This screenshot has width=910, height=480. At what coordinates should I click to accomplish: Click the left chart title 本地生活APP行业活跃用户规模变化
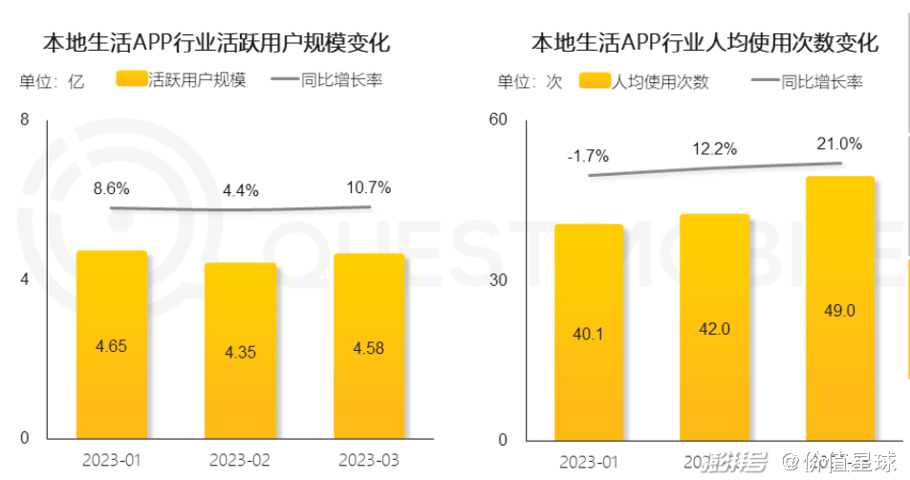216,43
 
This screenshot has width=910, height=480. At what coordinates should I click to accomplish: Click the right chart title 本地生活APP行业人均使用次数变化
704,43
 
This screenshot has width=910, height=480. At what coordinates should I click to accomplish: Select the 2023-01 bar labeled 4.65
112,344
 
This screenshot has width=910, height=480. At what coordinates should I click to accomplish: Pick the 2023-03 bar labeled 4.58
369,346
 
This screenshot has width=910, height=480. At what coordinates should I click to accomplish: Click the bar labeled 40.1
589,332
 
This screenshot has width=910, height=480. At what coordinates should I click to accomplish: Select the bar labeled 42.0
715,327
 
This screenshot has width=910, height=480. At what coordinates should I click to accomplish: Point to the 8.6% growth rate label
111,188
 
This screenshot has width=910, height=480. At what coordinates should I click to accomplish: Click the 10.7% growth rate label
369,187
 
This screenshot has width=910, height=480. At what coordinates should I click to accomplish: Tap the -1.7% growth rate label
587,156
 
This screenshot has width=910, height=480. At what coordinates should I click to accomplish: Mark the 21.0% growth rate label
839,144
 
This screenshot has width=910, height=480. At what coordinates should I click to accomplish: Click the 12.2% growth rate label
715,149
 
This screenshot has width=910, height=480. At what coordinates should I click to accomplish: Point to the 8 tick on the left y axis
25,120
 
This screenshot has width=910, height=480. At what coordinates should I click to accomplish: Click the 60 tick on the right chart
497,120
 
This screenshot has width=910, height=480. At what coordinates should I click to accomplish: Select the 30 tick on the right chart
497,279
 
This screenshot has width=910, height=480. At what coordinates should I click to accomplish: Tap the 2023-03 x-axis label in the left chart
369,461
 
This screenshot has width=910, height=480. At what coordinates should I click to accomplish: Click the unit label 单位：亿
52,81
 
